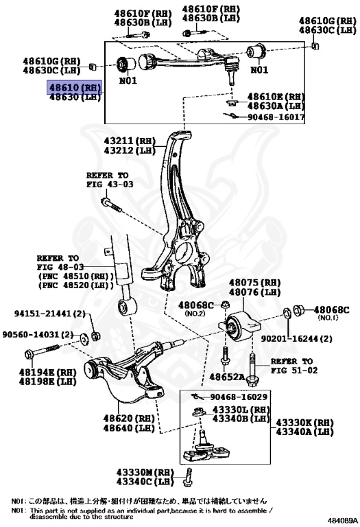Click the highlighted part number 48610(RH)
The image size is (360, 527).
74,88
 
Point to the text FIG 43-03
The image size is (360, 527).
110,185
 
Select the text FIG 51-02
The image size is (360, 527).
294,370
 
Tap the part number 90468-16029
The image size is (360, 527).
239,397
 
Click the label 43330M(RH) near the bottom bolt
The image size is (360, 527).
145,472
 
